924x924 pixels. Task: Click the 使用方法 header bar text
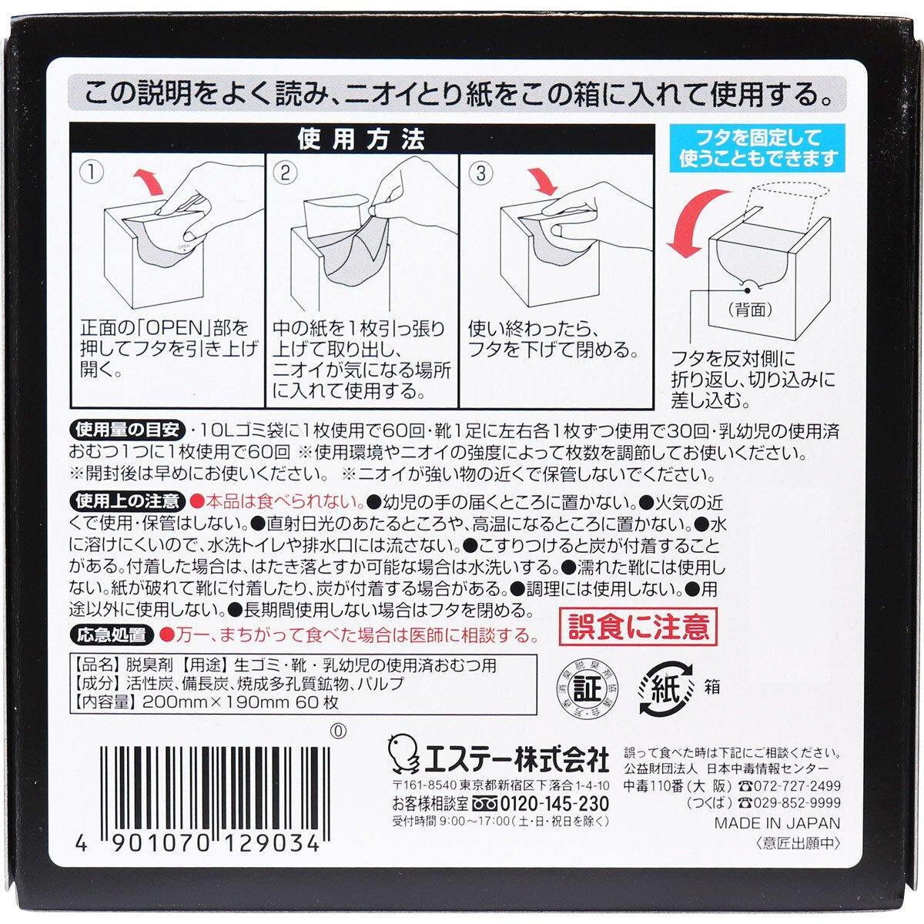tap(360, 142)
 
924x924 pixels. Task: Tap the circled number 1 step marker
tap(92, 174)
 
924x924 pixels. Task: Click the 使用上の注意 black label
tap(127, 502)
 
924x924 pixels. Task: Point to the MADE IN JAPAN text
tap(777, 822)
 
